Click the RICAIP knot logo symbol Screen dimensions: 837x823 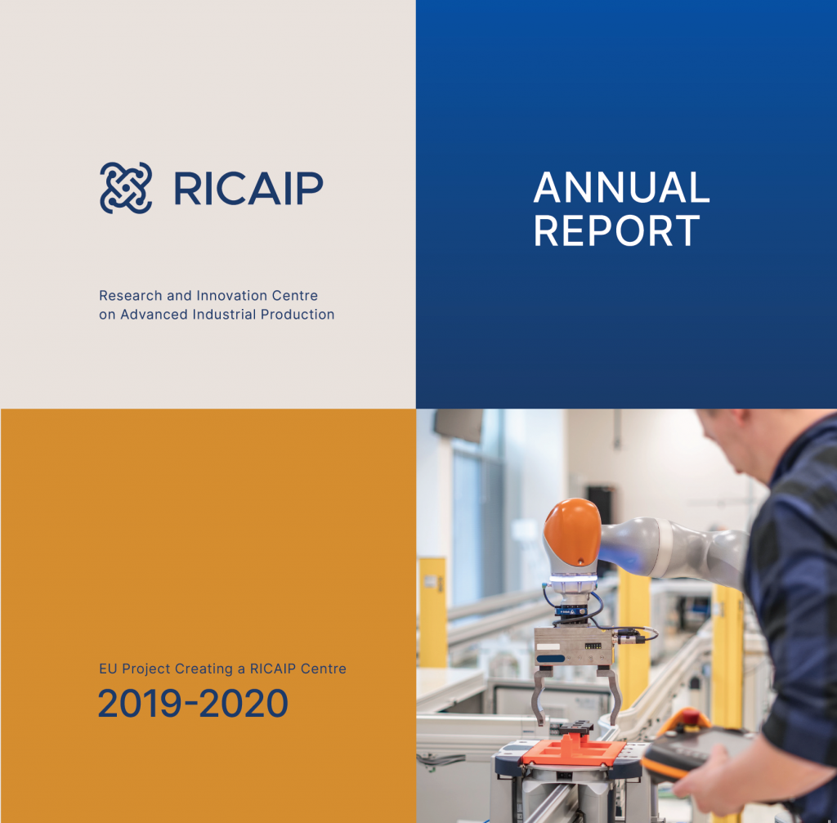tap(126, 188)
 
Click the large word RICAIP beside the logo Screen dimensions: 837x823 tap(248, 189)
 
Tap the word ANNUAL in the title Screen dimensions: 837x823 tap(621, 187)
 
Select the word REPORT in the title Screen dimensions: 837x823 tap(616, 230)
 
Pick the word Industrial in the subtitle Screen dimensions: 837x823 tap(224, 315)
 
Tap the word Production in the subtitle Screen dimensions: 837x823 tap(298, 315)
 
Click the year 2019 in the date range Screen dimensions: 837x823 tap(140, 703)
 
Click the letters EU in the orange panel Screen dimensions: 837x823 tap(108, 669)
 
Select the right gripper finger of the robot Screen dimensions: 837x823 tap(611, 694)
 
